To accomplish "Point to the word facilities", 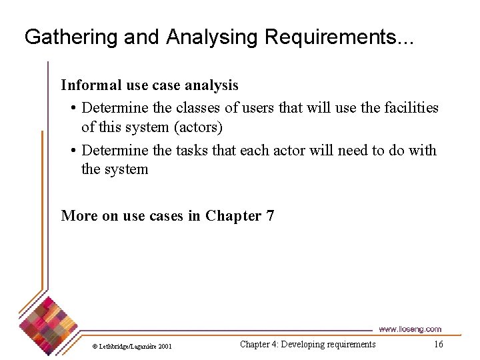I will click(x=409, y=107).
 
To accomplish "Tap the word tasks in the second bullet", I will click(x=193, y=150).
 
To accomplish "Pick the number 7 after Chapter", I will click(x=269, y=216).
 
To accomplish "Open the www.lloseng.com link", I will click(x=409, y=329).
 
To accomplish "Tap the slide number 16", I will click(x=438, y=344).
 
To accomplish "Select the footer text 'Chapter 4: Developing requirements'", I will click(x=307, y=344).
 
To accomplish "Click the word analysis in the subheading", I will click(x=213, y=85).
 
